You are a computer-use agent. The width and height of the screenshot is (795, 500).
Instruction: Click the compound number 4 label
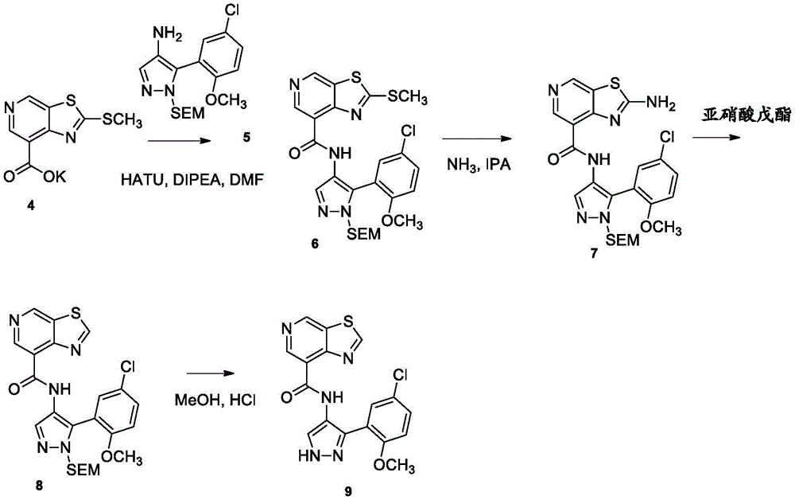(x=32, y=206)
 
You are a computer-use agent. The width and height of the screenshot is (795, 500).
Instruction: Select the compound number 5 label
(x=246, y=137)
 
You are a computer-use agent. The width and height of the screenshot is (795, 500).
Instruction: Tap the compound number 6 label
(x=315, y=244)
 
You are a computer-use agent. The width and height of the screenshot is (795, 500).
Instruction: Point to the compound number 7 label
(x=594, y=254)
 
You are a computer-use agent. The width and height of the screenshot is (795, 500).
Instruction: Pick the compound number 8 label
(x=39, y=486)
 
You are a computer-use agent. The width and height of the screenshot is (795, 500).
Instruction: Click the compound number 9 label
(x=348, y=491)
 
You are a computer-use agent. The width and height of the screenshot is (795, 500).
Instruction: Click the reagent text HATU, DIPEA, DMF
(x=192, y=178)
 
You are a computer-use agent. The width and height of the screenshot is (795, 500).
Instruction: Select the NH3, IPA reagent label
(x=478, y=165)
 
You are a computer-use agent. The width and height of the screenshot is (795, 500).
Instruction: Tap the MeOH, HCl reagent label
(x=215, y=400)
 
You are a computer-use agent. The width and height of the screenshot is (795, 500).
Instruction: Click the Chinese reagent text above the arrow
(x=746, y=115)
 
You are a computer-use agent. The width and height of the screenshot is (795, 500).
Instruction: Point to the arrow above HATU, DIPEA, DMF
(x=178, y=143)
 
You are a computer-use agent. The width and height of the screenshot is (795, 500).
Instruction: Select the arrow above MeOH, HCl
(x=212, y=374)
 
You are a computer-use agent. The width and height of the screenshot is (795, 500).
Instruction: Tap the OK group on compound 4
(x=51, y=178)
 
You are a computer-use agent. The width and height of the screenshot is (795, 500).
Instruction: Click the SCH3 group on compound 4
(x=122, y=121)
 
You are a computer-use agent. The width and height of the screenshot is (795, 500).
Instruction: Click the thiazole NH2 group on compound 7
(x=661, y=104)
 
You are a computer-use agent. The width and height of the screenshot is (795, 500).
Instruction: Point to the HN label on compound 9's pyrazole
(x=308, y=456)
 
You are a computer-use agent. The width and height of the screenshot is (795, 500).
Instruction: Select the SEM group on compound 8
(x=83, y=471)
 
